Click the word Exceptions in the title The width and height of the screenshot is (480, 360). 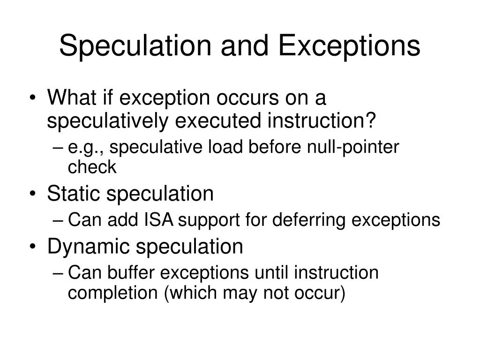(x=349, y=46)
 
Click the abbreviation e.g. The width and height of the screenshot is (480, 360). (x=87, y=148)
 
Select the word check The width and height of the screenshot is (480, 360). (x=92, y=167)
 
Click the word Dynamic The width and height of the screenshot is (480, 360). (x=86, y=247)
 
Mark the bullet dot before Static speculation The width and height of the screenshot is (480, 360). (x=36, y=195)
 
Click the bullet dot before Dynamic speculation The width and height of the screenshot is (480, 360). (x=36, y=247)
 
